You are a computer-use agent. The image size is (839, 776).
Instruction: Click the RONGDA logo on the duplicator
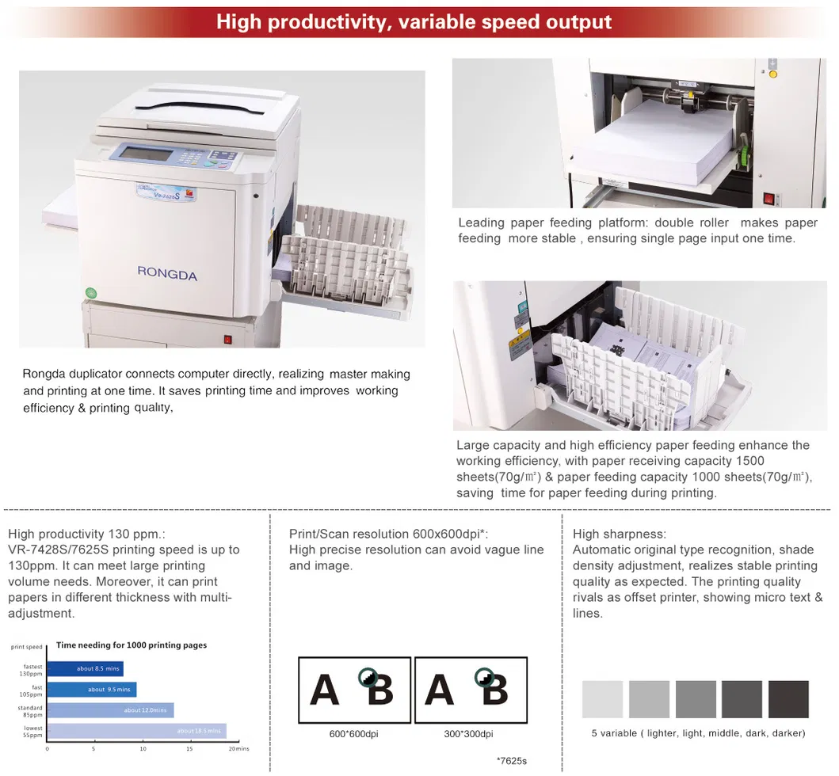click(x=166, y=274)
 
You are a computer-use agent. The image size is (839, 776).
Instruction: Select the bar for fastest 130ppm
click(x=86, y=669)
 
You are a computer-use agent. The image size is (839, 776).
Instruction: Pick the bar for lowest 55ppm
click(x=136, y=731)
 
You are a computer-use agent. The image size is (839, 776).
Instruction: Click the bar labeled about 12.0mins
click(x=110, y=710)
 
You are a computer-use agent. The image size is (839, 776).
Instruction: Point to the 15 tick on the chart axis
click(x=188, y=748)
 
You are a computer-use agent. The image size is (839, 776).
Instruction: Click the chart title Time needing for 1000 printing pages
click(x=132, y=645)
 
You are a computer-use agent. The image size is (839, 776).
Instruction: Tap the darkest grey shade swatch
click(x=788, y=699)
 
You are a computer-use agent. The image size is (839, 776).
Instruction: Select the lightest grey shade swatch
click(x=602, y=699)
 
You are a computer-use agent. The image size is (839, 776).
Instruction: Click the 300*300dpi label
click(x=468, y=734)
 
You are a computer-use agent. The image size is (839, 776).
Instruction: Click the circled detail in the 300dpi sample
click(x=483, y=678)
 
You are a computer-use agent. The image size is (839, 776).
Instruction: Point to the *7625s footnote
click(x=511, y=761)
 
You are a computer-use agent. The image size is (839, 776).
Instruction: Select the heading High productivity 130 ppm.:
click(x=86, y=534)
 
